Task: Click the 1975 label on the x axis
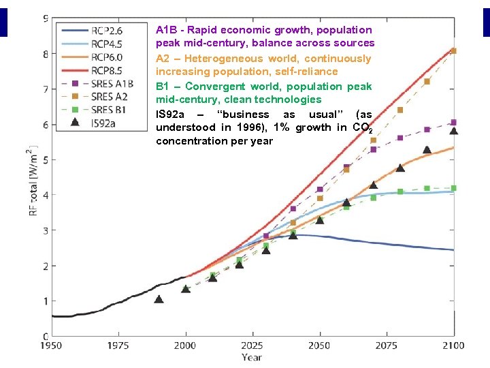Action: (118, 345)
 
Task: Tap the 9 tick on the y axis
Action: (45, 18)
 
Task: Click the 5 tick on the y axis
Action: (45, 159)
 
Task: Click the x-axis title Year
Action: (251, 356)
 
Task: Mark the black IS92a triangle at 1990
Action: (159, 298)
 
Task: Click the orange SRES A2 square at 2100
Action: (453, 50)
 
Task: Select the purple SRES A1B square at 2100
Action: (453, 123)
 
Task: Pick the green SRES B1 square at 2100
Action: (453, 188)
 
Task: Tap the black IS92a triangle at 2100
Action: (453, 130)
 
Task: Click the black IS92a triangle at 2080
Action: (400, 167)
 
